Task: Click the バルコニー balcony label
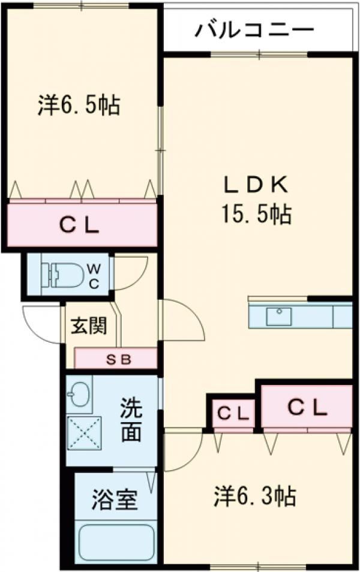coord(254,29)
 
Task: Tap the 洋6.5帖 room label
coord(79,106)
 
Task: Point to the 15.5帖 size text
coord(256,213)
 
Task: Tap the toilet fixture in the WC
coord(61,276)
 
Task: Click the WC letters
coord(95,276)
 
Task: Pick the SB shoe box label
coord(115,360)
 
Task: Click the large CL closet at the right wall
coord(306,408)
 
